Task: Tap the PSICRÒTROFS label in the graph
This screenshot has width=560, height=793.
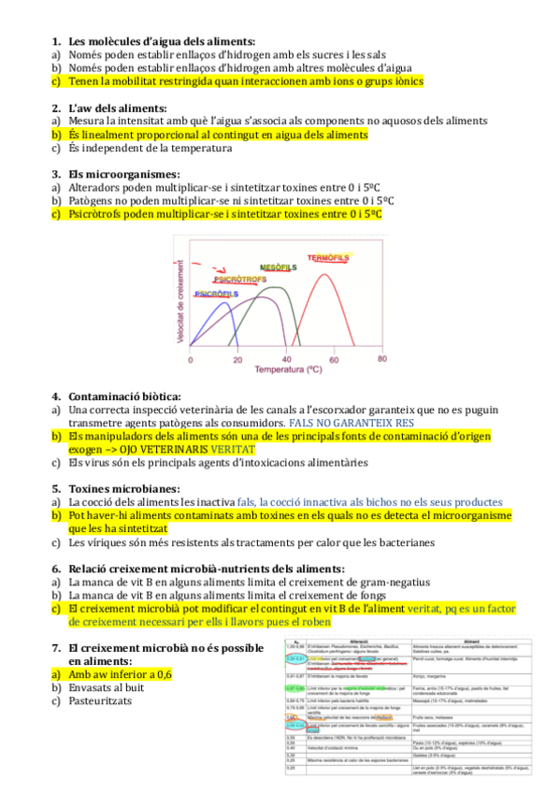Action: [241, 279]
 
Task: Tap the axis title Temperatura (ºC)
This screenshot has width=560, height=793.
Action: [285, 369]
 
